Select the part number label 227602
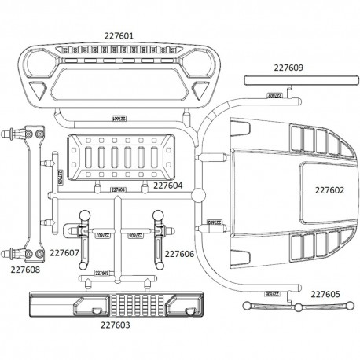click(x=330, y=189)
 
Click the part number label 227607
click(x=63, y=253)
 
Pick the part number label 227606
click(x=179, y=253)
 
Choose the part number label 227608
click(x=26, y=270)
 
